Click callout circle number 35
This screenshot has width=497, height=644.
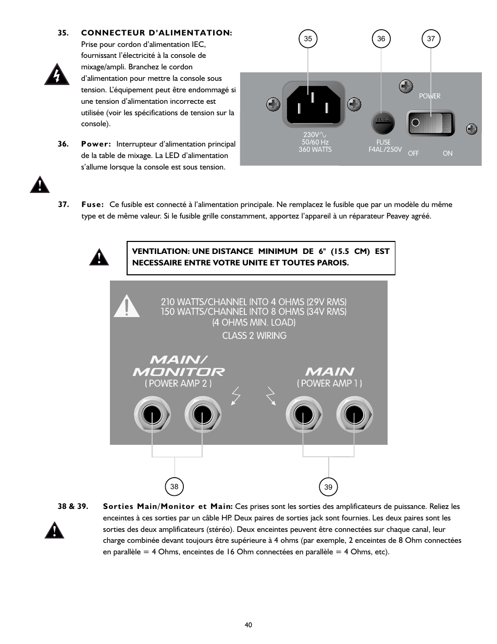point(308,39)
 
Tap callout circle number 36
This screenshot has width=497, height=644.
point(381,39)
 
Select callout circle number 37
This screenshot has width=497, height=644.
point(431,39)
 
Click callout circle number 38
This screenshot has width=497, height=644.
point(174,487)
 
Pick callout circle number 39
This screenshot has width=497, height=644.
point(328,487)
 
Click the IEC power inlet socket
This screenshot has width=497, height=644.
point(313,104)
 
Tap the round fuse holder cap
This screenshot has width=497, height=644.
point(383,123)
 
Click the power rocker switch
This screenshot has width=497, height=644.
point(430,123)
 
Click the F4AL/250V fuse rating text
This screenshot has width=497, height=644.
point(385,149)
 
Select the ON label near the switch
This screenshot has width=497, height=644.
point(448,153)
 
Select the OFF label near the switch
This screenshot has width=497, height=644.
point(413,153)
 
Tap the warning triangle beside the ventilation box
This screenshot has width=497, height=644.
point(98,257)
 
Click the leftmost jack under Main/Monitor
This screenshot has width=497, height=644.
point(152,415)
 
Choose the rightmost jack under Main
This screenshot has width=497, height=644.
point(354,415)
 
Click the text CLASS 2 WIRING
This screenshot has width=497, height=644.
point(254,336)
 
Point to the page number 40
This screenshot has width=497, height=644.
point(249,625)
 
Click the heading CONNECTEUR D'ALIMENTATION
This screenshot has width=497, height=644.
point(156,33)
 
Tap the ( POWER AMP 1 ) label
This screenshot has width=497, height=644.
point(329,383)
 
